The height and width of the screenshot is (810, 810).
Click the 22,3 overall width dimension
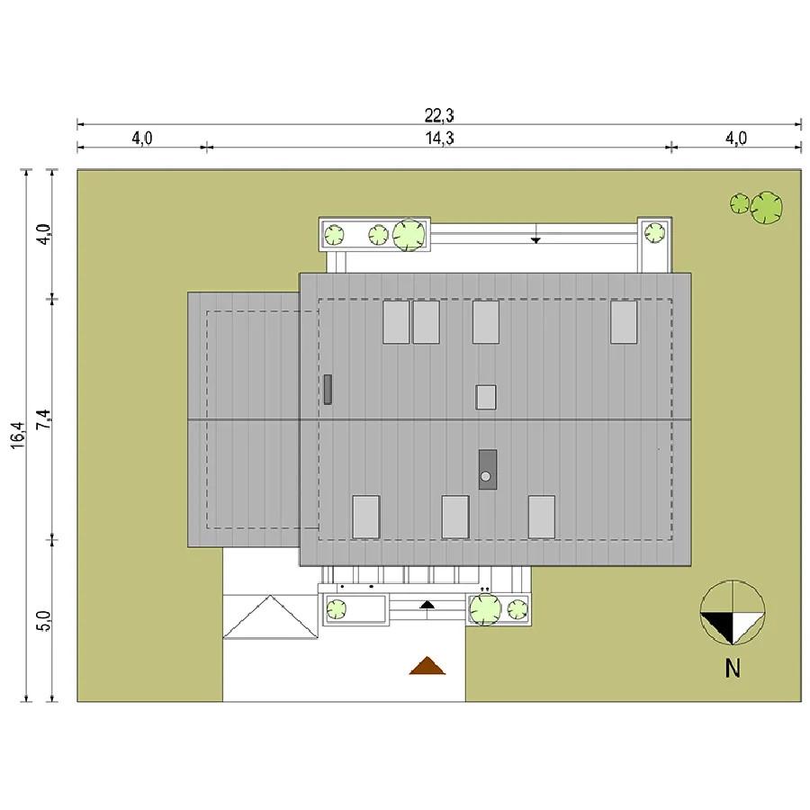(439, 116)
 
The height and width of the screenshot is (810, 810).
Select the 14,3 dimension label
(439, 139)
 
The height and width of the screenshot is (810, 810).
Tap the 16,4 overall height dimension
(18, 435)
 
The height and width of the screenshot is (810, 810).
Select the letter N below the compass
(733, 669)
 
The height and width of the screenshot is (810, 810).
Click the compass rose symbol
(733, 613)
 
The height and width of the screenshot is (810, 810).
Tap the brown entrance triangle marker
(427, 665)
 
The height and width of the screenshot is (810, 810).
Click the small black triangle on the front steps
(427, 605)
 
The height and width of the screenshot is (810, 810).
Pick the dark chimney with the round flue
(488, 469)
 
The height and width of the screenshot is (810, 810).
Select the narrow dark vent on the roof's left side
(328, 390)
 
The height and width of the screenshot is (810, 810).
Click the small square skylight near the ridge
(486, 397)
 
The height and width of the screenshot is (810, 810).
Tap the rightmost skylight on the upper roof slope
(624, 322)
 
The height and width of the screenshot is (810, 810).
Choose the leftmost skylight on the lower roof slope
(365, 517)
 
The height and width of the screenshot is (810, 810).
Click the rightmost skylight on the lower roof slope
(542, 517)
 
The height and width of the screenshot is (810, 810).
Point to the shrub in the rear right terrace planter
(655, 232)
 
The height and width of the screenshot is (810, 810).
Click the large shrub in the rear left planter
(409, 235)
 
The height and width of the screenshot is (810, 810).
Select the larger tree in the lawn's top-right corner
(766, 208)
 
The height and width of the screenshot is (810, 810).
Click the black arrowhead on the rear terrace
(535, 239)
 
